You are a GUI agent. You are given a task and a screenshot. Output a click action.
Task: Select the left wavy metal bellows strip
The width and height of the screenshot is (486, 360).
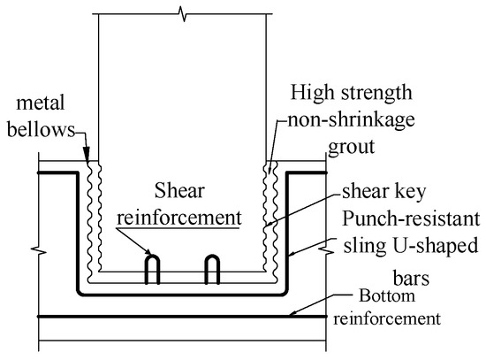pos(94,212)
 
